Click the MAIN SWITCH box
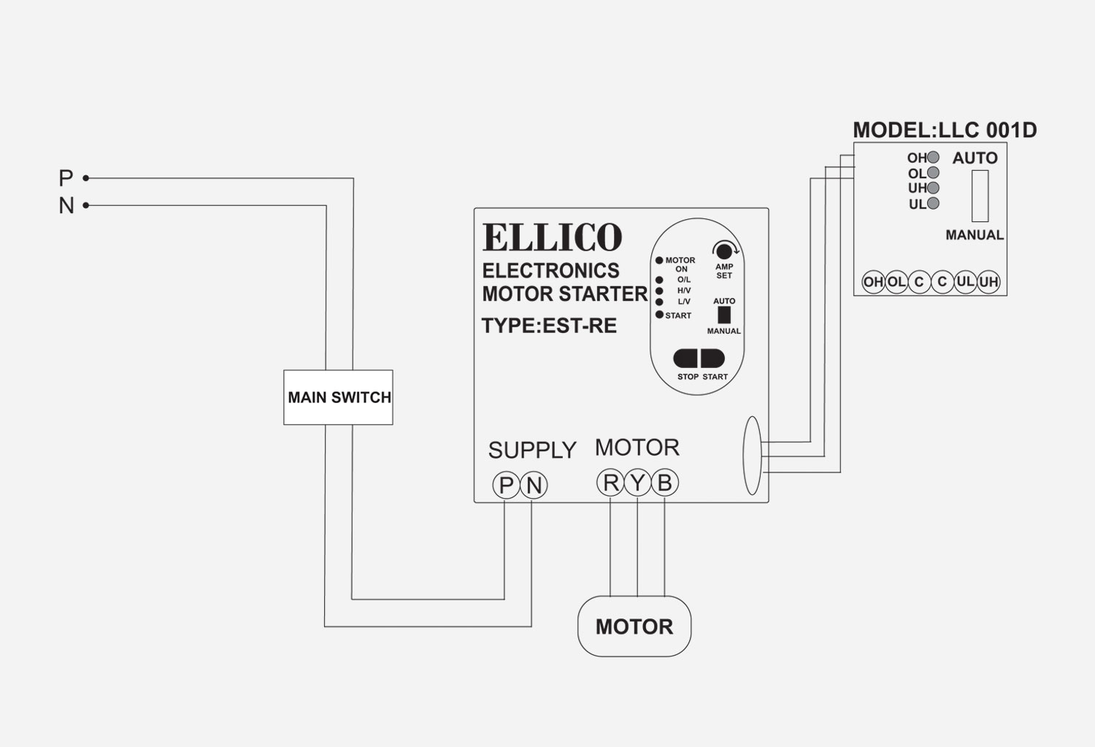pos(338,397)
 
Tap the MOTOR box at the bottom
pos(634,627)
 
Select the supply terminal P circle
pos(505,485)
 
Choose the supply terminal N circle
pos(534,485)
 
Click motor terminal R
pos(610,483)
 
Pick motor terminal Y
pos(637,483)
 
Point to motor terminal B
pos(664,483)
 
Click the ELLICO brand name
pos(552,237)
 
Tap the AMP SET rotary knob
pos(723,251)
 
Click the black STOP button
pos(686,359)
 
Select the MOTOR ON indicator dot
pos(659,260)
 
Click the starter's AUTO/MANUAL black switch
pos(724,315)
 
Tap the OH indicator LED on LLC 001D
pos(933,158)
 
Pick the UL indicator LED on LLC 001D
pos(933,204)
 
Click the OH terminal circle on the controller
pos(873,282)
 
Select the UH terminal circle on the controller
pos(988,282)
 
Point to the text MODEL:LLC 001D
pos(945,130)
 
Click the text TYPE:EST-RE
pos(549,326)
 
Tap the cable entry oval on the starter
pos(752,456)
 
